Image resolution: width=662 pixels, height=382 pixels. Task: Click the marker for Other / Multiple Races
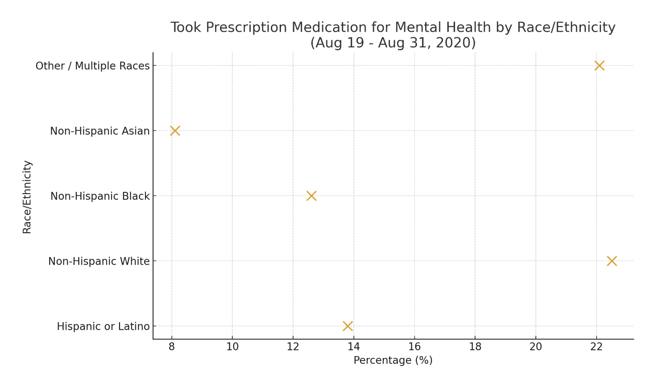[599, 66]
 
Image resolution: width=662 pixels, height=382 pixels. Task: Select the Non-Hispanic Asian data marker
[175, 131]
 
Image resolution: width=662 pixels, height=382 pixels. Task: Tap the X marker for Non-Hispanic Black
[311, 196]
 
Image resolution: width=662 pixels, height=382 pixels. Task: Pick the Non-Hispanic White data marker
[612, 261]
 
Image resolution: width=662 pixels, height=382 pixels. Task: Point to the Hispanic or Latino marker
[348, 326]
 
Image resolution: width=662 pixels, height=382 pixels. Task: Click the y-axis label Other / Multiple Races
[92, 66]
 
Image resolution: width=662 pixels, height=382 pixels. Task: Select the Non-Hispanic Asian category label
[99, 131]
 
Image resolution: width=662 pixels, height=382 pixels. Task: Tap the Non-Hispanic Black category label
[100, 196]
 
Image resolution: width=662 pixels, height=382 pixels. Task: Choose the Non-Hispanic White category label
[99, 262]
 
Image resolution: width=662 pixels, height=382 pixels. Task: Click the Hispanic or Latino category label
[103, 327]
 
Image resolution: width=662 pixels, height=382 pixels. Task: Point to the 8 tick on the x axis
[172, 347]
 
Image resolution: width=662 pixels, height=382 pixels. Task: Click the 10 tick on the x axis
[232, 347]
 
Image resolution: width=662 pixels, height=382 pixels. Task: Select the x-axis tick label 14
[354, 347]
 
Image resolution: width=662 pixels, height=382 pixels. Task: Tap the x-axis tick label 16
[414, 347]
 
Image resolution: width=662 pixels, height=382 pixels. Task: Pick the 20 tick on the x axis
[536, 347]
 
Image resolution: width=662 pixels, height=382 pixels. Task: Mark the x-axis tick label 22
[596, 347]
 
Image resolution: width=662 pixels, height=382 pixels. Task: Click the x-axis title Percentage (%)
[393, 361]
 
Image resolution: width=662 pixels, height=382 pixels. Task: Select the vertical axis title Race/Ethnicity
[27, 196]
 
